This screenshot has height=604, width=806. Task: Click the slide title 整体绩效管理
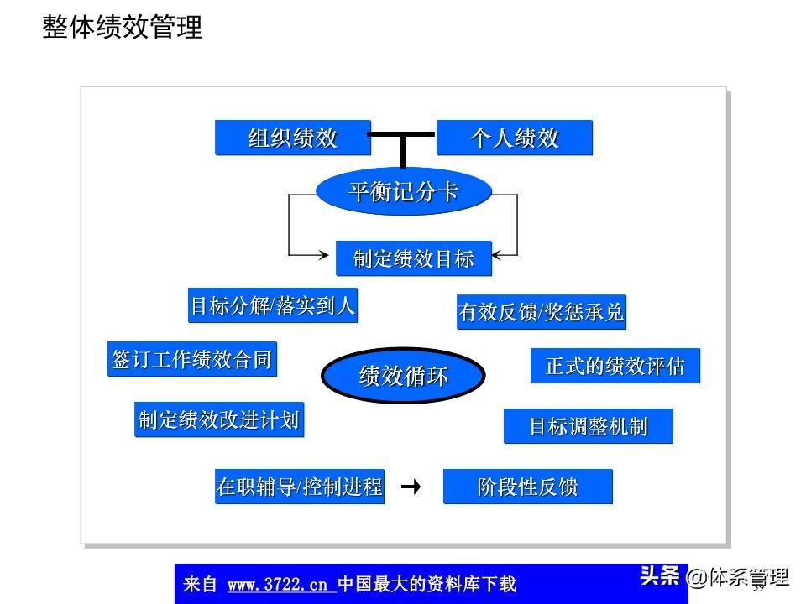[x=123, y=28]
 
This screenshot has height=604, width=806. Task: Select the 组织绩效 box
[x=292, y=138]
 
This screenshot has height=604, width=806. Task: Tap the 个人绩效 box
[x=514, y=138]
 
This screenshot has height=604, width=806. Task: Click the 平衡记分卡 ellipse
[x=403, y=192]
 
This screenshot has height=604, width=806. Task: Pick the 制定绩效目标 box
[x=413, y=258]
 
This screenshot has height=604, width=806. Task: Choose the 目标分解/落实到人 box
[x=273, y=306]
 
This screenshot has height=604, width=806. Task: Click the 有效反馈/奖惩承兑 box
[x=542, y=312]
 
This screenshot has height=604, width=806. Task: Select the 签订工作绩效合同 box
[x=191, y=359]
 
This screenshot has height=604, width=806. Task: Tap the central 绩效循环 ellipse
[x=403, y=376]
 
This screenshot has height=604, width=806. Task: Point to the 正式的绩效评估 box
[x=615, y=367]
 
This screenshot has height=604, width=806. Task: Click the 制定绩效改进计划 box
[x=218, y=419]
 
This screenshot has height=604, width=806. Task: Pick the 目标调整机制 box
[x=588, y=426]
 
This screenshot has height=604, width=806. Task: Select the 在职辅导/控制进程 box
[x=300, y=487]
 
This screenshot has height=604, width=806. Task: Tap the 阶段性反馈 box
[x=527, y=487]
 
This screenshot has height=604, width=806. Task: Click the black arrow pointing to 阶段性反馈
[x=411, y=487]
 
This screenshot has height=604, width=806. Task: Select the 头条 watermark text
[x=659, y=576]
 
